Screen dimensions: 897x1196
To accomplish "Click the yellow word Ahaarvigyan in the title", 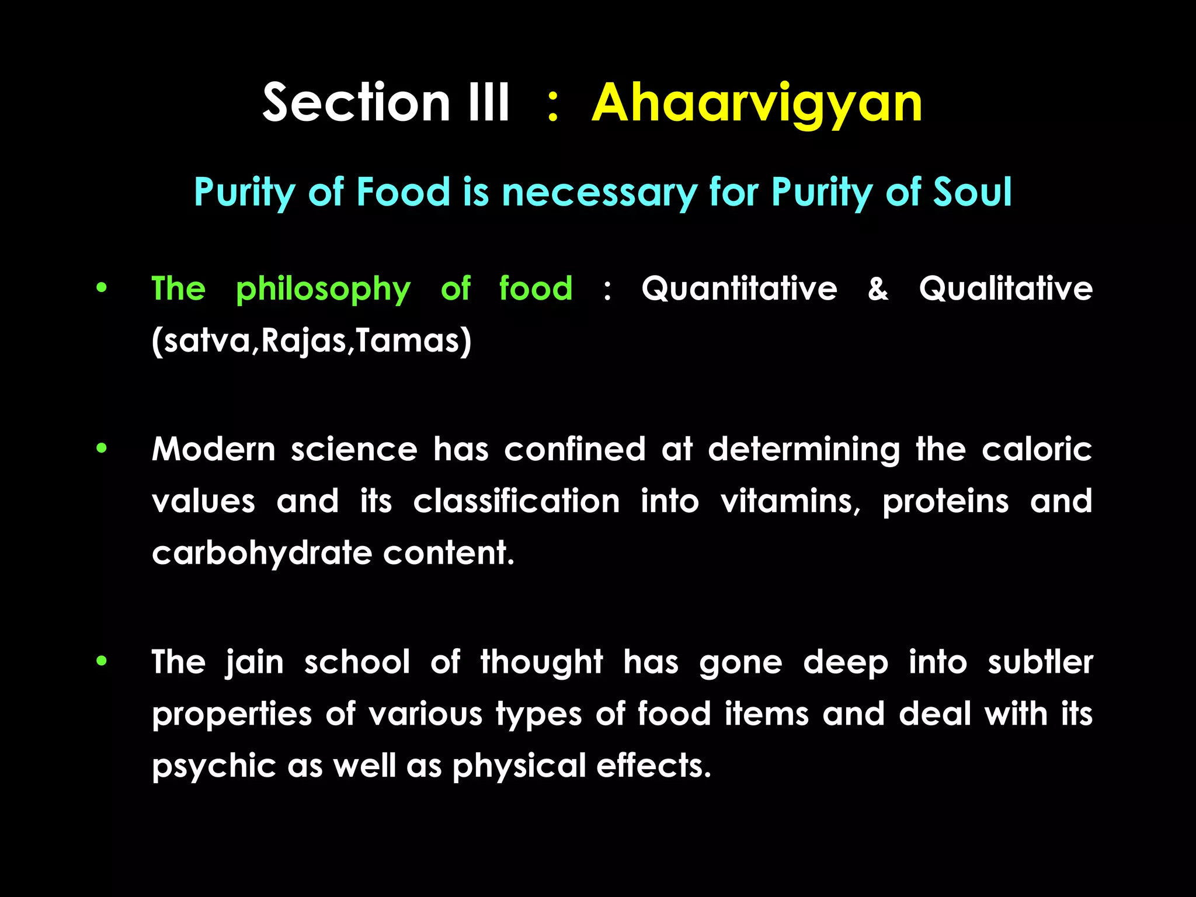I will [757, 104].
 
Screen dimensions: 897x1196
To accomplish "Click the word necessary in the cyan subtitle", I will [599, 193].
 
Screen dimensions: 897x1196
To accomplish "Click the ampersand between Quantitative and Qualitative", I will [878, 288].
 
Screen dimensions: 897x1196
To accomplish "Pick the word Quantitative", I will [739, 288].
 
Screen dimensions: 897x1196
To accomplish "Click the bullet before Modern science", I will [102, 448].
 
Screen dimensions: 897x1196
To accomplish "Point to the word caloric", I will [1037, 450].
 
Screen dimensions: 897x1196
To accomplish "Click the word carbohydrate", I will [262, 553].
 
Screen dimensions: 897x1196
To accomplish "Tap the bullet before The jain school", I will [102, 661].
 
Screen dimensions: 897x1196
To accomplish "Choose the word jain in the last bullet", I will [255, 663].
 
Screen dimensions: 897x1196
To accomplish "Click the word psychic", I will [214, 766].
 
